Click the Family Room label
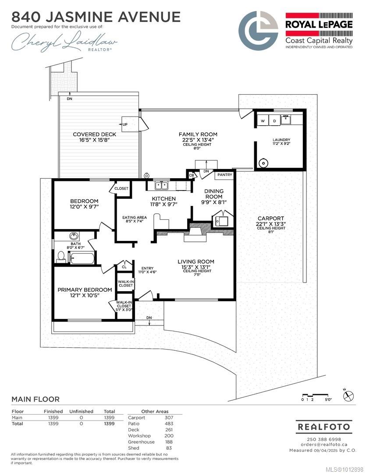coord(198,134)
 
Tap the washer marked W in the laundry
coord(263,120)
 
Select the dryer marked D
coord(274,120)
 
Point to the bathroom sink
coord(73,236)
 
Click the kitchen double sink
coord(162,185)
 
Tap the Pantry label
coord(225,175)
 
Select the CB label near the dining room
coord(192,175)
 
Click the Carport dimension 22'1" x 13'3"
coord(271,224)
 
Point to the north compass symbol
coord(348,395)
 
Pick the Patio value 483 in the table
coord(169,424)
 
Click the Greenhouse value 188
coord(169,441)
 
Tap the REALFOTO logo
coord(324,427)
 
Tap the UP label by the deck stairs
coord(125,124)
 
